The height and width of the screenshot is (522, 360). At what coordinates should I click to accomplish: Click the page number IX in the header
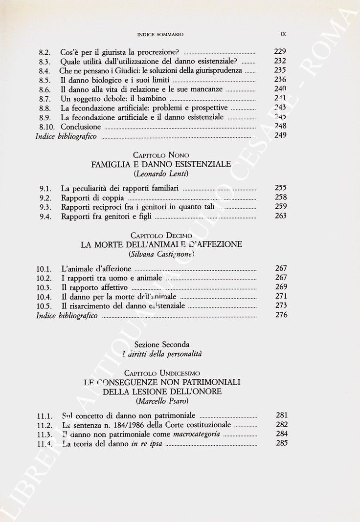[x=283, y=34]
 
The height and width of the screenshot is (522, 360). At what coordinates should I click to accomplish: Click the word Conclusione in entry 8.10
[x=81, y=127]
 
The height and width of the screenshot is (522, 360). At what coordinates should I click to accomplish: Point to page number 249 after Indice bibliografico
[x=280, y=136]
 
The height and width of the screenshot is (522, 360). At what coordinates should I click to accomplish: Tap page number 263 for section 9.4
[x=280, y=216]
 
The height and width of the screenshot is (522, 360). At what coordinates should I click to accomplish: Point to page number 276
[x=280, y=315]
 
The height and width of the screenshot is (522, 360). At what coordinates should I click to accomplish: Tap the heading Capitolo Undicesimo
[x=161, y=373]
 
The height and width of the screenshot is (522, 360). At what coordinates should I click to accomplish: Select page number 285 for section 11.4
[x=280, y=443]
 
